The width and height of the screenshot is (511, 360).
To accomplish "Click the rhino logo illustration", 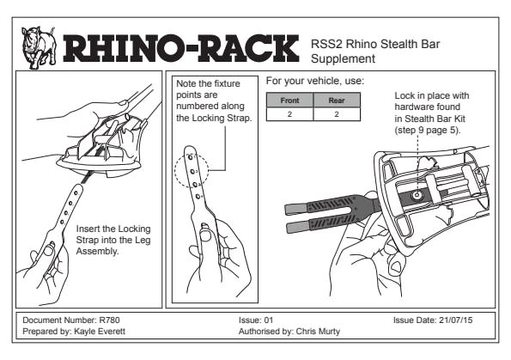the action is [39, 48].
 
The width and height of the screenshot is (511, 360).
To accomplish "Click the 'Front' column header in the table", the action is [289, 101].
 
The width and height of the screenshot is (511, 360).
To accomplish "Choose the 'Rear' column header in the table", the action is [337, 101].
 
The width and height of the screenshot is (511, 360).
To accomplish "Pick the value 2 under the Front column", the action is [289, 114].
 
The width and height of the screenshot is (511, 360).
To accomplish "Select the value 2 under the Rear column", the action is [337, 114].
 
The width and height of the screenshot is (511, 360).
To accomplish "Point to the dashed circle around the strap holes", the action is [174, 170].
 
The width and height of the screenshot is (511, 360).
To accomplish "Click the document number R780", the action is [110, 320].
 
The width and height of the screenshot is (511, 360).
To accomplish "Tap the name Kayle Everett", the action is [100, 332].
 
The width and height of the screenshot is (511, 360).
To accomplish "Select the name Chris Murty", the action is [318, 332].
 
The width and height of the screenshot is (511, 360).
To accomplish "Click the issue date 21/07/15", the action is [455, 320].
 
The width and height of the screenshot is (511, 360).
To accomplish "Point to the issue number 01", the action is [268, 320].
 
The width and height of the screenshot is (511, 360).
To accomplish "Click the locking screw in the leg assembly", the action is [417, 195].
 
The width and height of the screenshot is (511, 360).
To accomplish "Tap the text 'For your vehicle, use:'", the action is [315, 81].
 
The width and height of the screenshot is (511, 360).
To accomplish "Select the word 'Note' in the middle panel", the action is [186, 84].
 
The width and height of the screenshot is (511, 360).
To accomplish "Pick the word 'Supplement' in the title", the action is [343, 59].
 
